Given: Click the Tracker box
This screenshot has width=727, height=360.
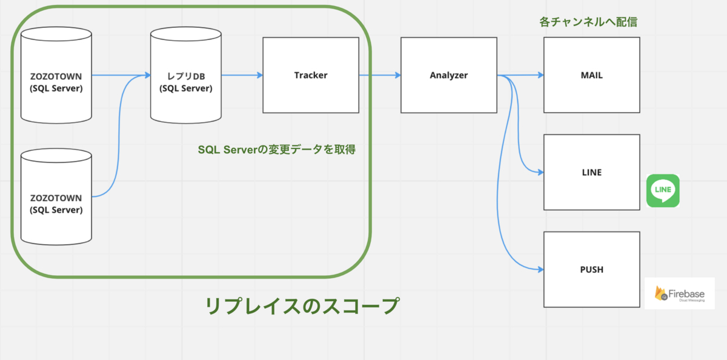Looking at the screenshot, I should point(310,75).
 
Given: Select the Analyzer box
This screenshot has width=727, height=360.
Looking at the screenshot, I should point(448,75).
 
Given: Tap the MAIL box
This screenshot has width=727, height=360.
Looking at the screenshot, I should point(591,75).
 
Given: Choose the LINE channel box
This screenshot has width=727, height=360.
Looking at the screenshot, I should point(591,172).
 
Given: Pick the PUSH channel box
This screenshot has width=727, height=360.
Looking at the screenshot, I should point(591,269).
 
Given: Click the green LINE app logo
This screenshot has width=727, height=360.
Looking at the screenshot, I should point(663,191).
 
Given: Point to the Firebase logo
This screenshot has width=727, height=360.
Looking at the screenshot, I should point(679,293).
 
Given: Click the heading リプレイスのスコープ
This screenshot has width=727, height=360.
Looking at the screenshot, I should point(302,305).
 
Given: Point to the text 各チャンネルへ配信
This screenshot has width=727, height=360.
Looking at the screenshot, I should point(588,22).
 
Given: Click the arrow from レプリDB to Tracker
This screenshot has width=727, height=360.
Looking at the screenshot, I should point(241,75).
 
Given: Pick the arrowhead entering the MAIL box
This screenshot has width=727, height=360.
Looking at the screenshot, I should point(540,75).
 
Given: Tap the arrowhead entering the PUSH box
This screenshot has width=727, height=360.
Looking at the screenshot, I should point(540,269).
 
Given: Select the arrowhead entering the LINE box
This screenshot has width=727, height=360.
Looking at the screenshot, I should point(540,172).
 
